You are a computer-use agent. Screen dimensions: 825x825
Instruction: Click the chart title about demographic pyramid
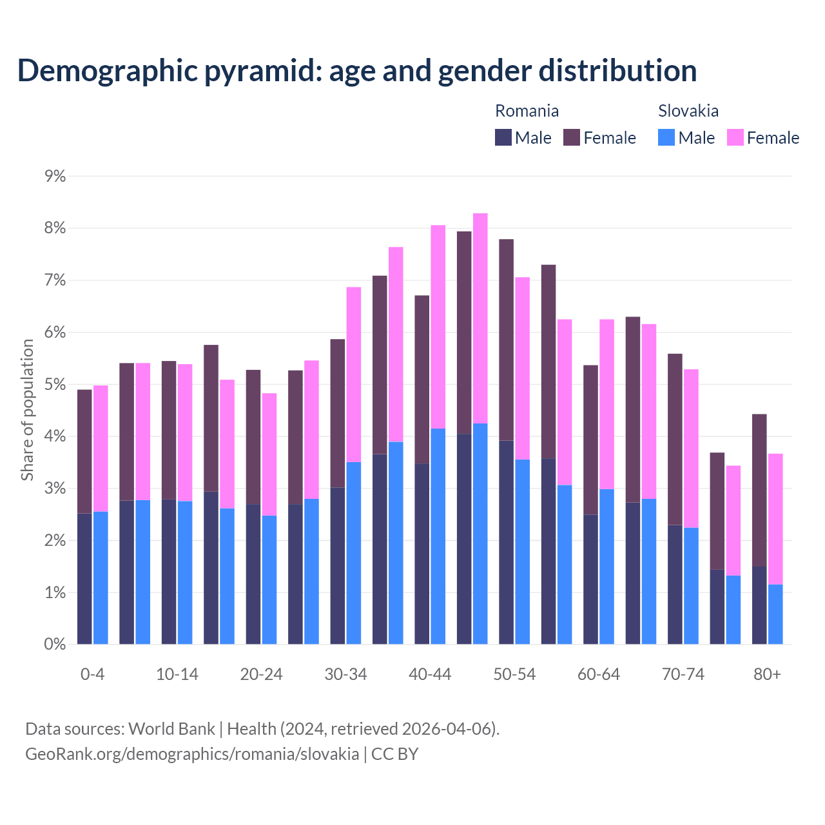357,70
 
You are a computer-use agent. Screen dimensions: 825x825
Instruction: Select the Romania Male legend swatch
503,137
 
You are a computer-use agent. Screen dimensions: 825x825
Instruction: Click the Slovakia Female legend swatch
735,137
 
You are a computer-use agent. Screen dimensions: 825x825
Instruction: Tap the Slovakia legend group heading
688,111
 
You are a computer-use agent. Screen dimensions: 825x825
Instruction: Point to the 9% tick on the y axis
55,177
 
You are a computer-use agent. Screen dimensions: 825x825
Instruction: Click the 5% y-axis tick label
55,385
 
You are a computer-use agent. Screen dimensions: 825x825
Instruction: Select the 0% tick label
55,644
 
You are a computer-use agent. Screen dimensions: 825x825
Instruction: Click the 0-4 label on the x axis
92,674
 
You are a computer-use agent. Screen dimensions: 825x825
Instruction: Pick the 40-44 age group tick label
430,674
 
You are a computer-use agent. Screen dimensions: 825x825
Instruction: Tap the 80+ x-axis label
767,674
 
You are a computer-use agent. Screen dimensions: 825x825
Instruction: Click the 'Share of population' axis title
27,410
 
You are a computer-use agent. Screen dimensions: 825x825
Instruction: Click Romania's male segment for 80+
759,605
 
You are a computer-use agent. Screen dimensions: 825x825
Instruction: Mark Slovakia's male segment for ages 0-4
101,577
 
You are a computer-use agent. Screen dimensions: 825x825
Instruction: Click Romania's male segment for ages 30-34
338,565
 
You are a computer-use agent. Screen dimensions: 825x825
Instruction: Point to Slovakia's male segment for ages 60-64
607,567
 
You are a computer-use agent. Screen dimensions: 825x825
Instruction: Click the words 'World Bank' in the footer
171,729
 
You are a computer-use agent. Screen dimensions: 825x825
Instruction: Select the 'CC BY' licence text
394,754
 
